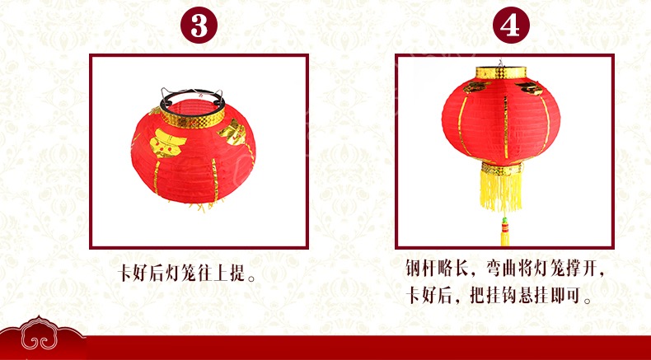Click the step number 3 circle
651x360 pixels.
[199, 25]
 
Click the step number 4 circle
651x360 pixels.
[511, 25]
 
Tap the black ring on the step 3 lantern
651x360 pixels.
[192, 96]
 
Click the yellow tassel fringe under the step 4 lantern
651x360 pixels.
[501, 192]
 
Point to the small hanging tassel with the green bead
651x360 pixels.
[505, 231]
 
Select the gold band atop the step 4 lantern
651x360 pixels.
[501, 72]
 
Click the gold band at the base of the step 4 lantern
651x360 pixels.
[502, 169]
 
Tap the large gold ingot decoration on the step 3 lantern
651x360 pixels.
[167, 143]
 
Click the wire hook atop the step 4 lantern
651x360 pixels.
[501, 63]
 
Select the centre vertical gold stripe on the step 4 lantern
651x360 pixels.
[506, 127]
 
